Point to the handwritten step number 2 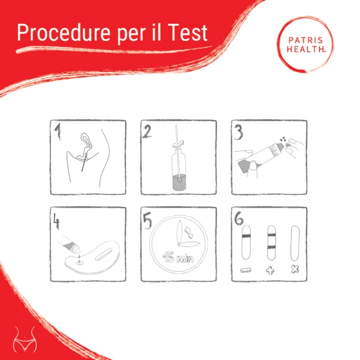tap(148, 131)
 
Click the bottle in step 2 tap(178, 174)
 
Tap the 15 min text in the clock tap(179, 260)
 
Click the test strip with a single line tap(245, 243)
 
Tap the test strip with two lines tap(269, 243)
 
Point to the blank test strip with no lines tap(295, 243)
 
